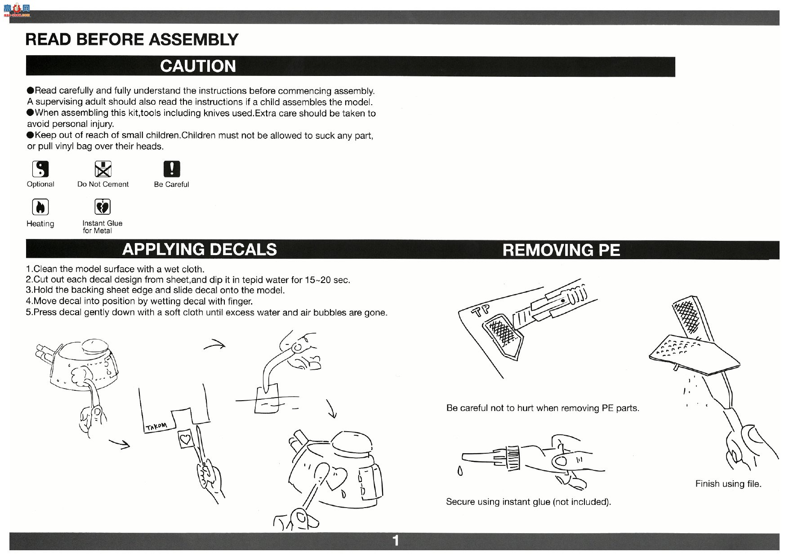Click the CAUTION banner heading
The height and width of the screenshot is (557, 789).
click(198, 66)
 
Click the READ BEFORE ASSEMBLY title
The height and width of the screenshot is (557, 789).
click(132, 40)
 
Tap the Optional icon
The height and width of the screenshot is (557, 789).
click(40, 169)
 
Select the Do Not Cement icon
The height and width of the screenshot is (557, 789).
click(103, 169)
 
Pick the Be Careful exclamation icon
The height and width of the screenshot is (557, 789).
click(171, 169)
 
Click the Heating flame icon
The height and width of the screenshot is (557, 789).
click(40, 207)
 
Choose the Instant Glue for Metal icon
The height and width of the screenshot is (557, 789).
click(103, 207)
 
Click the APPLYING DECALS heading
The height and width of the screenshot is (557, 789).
click(200, 249)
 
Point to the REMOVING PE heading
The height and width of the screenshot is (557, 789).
click(561, 250)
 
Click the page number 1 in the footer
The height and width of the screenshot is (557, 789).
click(396, 540)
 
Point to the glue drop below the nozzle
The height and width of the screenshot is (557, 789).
click(459, 471)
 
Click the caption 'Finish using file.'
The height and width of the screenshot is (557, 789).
click(728, 484)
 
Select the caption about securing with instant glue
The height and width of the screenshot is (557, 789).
click(528, 502)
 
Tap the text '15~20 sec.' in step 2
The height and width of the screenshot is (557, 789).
click(327, 280)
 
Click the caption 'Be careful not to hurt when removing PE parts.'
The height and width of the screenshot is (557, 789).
click(543, 408)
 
